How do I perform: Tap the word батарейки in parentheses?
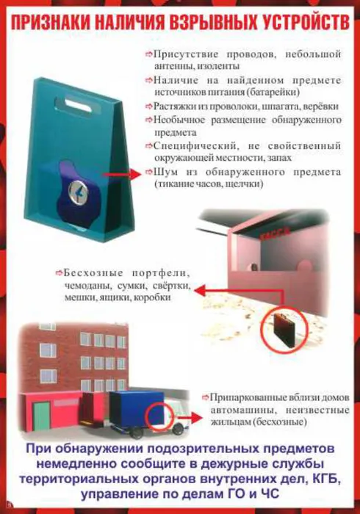297,93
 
